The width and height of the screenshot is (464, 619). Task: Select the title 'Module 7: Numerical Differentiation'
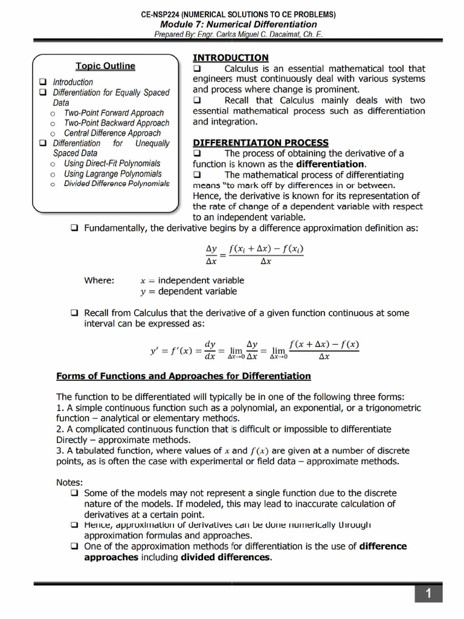point(238,24)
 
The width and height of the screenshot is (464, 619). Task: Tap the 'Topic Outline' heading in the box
point(105,66)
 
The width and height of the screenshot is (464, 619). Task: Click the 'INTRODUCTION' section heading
point(230,57)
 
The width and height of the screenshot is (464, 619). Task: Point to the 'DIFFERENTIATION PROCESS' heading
point(260,143)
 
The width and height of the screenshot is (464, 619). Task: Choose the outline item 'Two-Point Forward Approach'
point(114,113)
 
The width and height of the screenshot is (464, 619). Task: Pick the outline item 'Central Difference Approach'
point(112,133)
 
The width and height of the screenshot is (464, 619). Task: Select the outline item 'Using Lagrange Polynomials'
point(113,174)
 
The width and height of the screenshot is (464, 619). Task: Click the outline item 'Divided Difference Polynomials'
point(117,184)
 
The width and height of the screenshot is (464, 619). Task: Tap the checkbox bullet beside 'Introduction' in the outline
point(43,82)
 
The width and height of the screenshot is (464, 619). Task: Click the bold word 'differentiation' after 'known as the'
point(330,164)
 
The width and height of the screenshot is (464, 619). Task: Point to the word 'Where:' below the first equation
point(99,280)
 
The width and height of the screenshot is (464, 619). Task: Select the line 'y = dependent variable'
point(188,291)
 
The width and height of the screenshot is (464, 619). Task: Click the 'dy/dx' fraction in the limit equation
point(210,350)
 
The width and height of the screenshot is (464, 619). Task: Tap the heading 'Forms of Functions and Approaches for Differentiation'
point(183,376)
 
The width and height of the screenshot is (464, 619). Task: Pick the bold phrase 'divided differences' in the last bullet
point(225,557)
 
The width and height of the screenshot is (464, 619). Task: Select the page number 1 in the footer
point(428,594)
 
